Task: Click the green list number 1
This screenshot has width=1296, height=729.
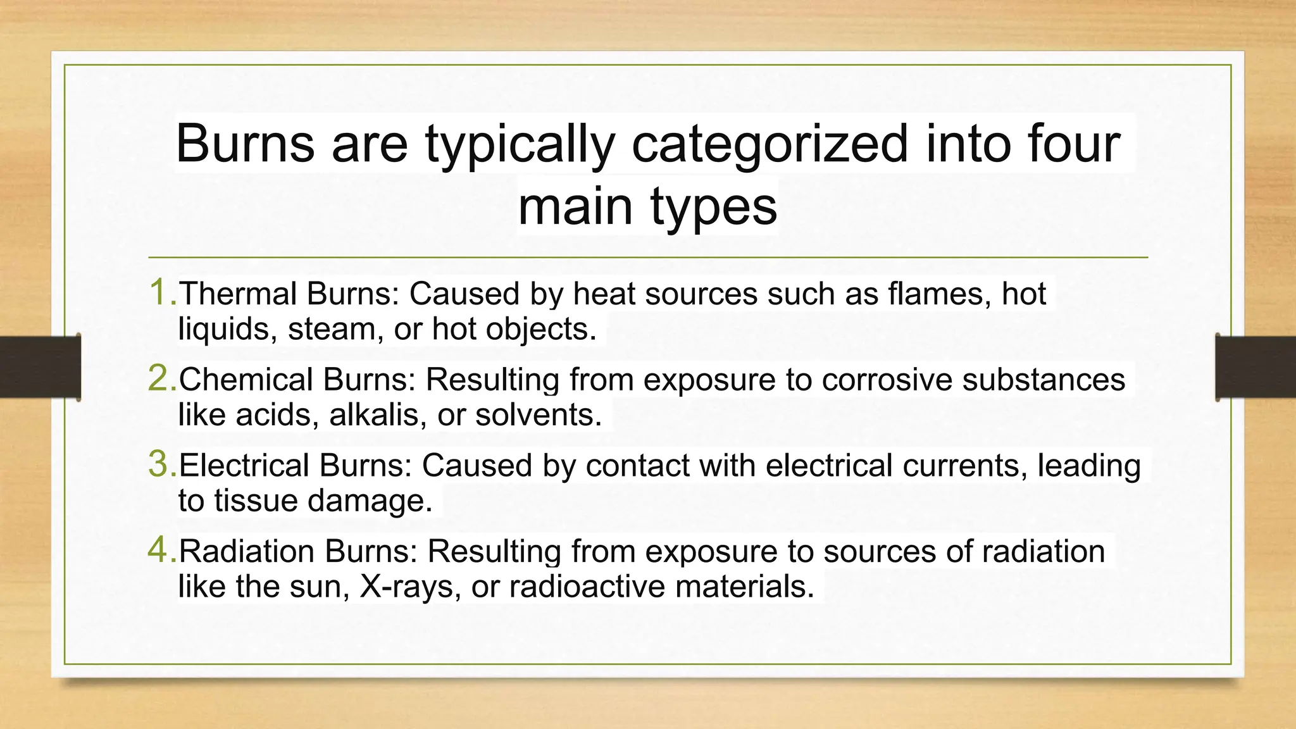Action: [161, 293]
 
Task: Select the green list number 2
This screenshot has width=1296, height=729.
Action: [161, 378]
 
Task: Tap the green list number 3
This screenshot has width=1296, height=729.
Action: [161, 464]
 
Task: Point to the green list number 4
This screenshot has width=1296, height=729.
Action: [161, 550]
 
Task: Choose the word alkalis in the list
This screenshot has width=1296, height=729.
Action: [378, 415]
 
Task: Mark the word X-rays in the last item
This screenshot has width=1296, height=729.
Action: [409, 587]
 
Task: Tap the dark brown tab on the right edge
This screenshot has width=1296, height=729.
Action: [1255, 367]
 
